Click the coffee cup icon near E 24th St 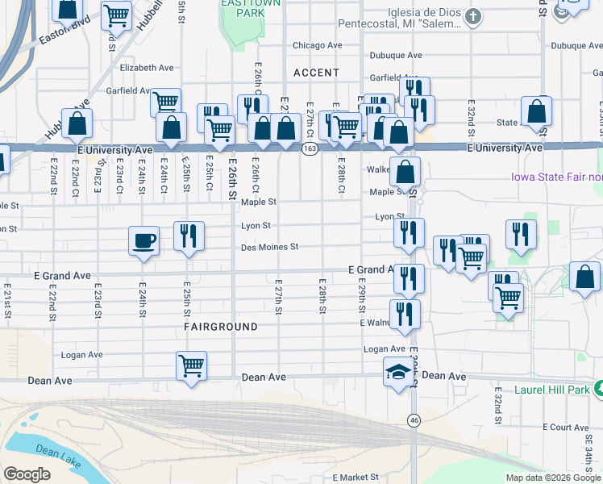click(144, 240)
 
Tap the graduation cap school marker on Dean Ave click(397, 373)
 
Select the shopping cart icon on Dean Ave click(192, 365)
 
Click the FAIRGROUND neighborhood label click(221, 327)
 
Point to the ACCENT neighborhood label click(316, 73)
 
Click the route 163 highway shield click(309, 149)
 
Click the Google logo click(27, 474)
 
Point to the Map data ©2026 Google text click(553, 478)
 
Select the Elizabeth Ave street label click(147, 69)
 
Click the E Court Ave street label click(567, 426)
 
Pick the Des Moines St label click(270, 247)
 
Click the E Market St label click(355, 478)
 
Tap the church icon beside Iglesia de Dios click(475, 16)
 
